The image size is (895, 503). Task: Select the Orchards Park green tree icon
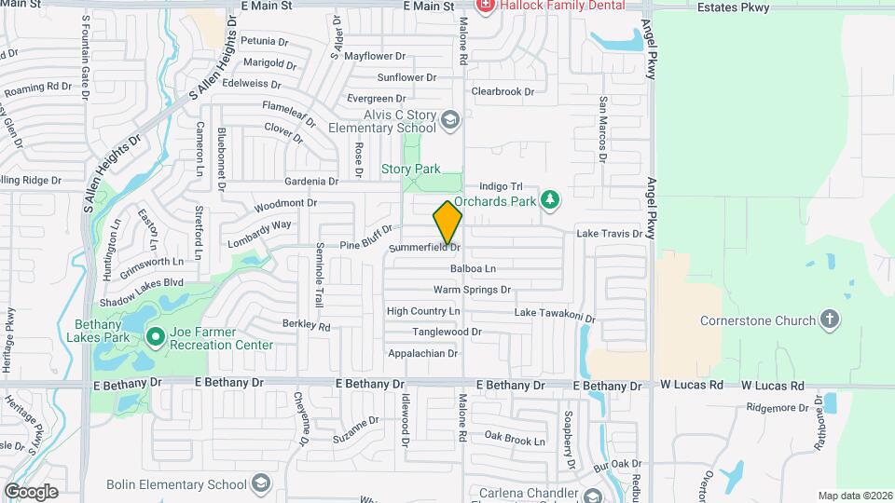click(550, 199)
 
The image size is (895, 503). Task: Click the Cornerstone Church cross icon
click(829, 321)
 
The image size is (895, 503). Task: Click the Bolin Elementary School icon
click(260, 483)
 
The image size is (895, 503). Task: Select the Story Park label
click(410, 169)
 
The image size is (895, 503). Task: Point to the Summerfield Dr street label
click(424, 248)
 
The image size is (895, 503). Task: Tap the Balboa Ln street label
click(473, 269)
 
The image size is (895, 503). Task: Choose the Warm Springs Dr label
click(472, 290)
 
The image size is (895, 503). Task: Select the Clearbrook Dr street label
click(503, 91)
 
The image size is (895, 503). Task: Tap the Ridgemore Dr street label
click(779, 408)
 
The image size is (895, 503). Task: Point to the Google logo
click(31, 491)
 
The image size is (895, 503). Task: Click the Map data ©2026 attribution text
click(853, 496)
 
